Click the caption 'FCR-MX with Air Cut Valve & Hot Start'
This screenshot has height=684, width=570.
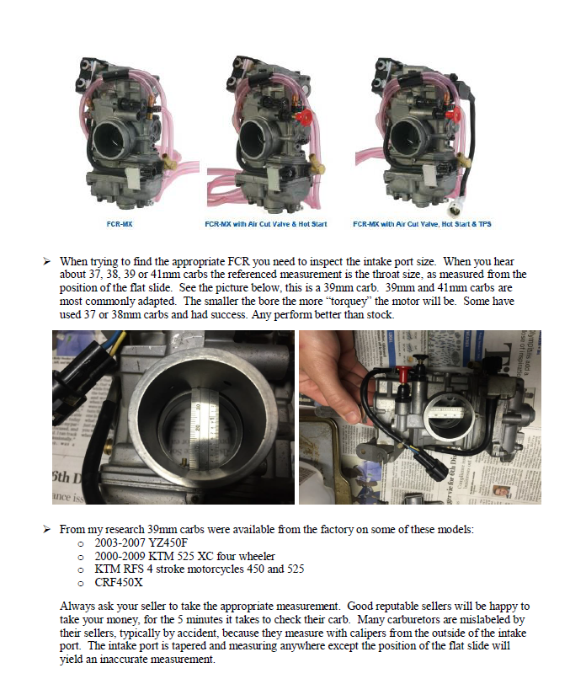pos(266,225)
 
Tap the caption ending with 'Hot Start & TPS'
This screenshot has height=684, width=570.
pos(409,225)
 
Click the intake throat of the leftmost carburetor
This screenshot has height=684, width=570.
pos(115,136)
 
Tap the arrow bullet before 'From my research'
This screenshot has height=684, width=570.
pos(47,529)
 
